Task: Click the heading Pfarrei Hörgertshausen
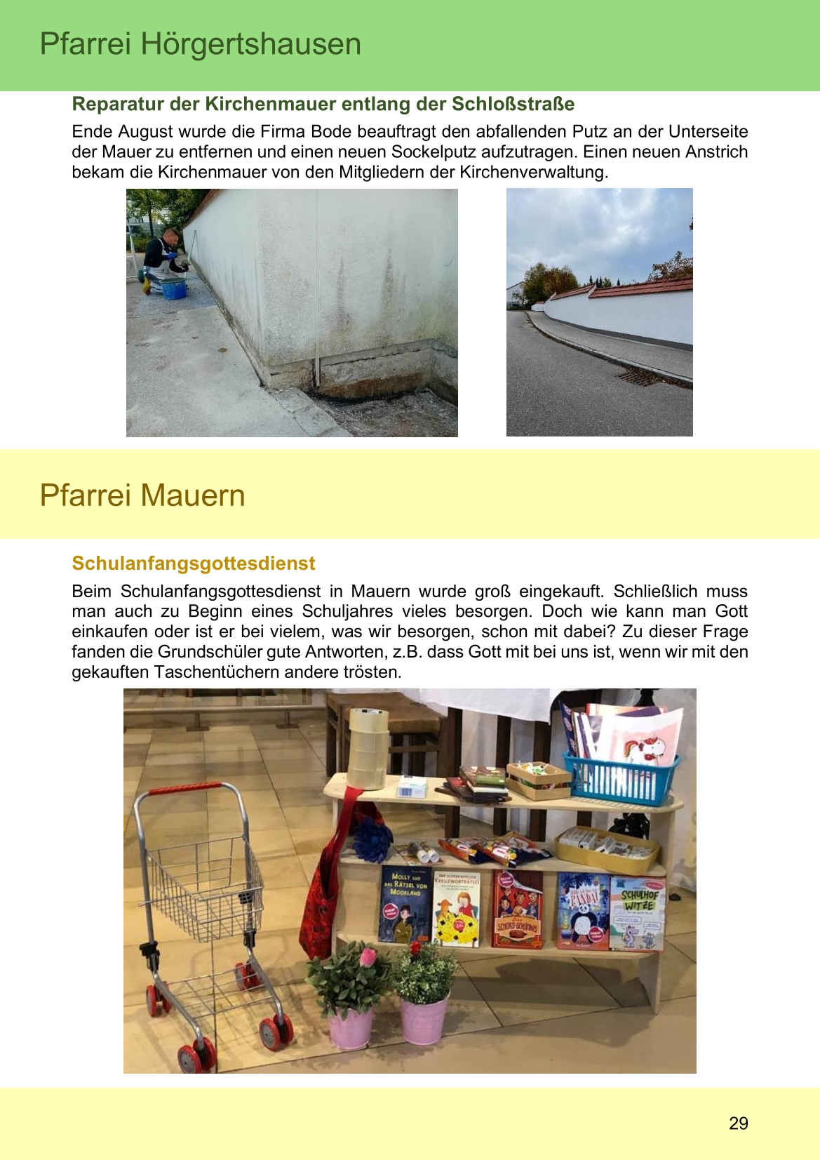(x=200, y=44)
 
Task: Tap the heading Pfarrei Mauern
(x=142, y=495)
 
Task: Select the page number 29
(x=738, y=1124)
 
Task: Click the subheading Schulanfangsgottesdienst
(x=194, y=564)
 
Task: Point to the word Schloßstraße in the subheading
(x=513, y=105)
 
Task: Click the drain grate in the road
(x=652, y=379)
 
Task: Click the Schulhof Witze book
(x=636, y=912)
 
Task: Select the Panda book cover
(x=583, y=911)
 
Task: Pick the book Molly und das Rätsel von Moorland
(x=404, y=904)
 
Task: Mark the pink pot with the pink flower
(x=351, y=1025)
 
